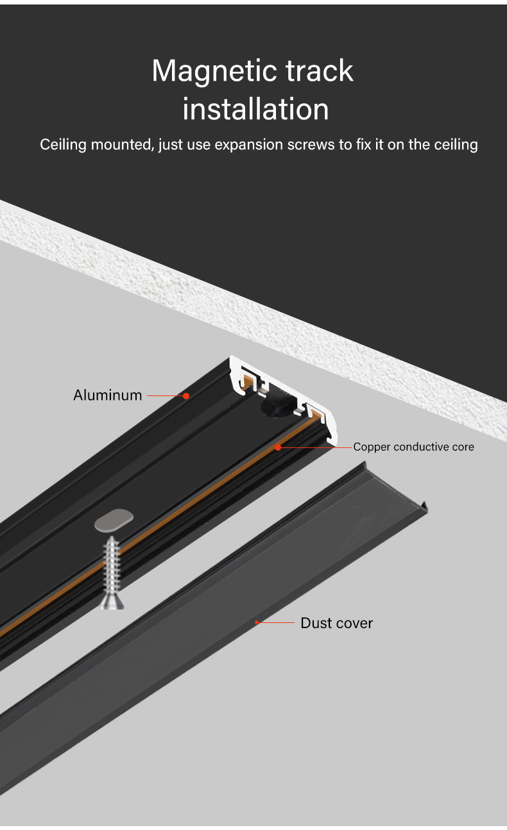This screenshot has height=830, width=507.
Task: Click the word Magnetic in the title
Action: click(x=203, y=71)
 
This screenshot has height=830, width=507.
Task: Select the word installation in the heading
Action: click(x=255, y=109)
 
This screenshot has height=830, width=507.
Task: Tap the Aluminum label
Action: click(x=108, y=395)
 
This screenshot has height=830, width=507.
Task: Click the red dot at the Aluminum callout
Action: click(x=186, y=395)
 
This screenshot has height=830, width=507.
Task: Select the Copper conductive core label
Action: click(x=413, y=447)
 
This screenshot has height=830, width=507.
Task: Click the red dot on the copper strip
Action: click(x=278, y=447)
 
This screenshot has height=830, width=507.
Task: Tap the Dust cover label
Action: click(x=336, y=623)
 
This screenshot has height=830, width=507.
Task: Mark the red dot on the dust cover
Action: click(x=257, y=622)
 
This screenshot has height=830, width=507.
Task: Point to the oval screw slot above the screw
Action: click(x=114, y=521)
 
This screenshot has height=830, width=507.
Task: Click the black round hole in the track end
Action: click(x=276, y=405)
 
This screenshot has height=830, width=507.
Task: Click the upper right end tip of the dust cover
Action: click(x=425, y=510)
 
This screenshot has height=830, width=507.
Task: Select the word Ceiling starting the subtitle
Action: click(x=63, y=144)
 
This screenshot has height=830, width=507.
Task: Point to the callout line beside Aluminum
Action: click(x=165, y=395)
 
